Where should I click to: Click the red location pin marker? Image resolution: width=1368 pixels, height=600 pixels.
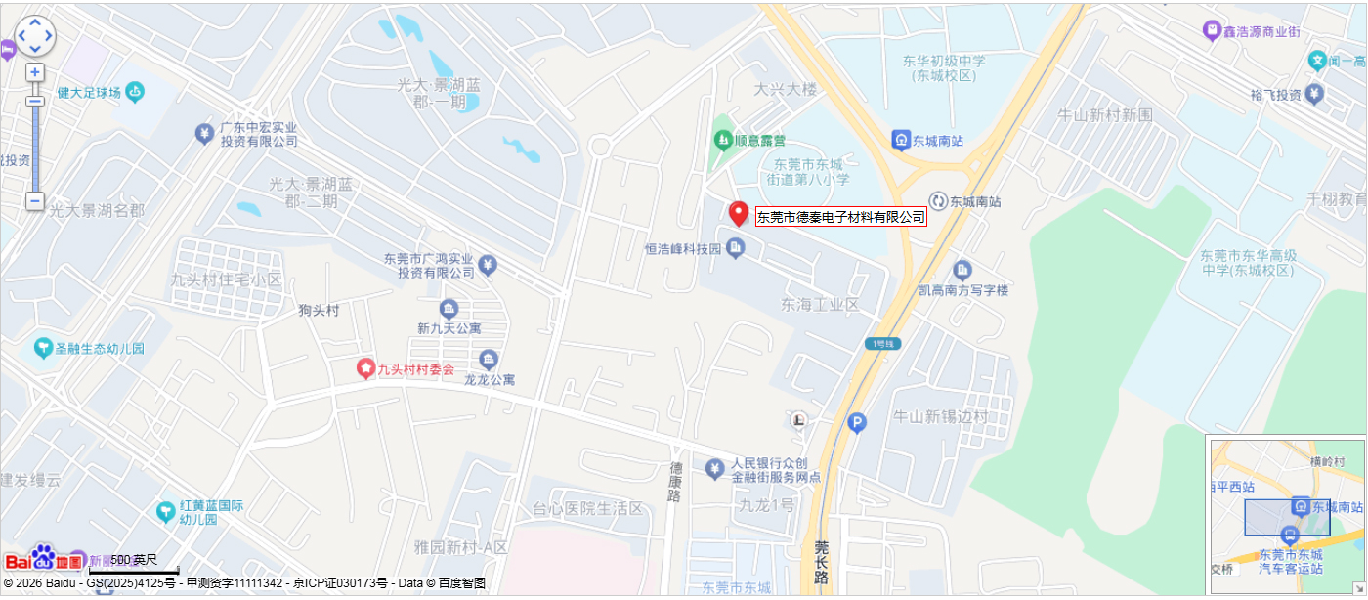pyautogui.click(x=739, y=213)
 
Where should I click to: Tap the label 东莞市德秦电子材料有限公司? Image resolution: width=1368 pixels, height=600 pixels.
pyautogui.click(x=840, y=217)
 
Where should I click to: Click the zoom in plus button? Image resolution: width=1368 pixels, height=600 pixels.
pyautogui.click(x=35, y=72)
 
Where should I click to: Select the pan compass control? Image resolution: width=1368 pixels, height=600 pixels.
pyautogui.click(x=35, y=36)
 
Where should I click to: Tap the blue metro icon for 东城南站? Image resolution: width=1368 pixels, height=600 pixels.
pyautogui.click(x=901, y=141)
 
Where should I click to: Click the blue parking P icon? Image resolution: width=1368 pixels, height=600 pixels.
pyautogui.click(x=856, y=423)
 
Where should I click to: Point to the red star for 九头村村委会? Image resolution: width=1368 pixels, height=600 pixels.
pyautogui.click(x=365, y=368)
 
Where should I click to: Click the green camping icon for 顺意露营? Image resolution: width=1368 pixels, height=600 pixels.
pyautogui.click(x=723, y=141)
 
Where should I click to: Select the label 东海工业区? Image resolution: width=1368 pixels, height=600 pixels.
pyautogui.click(x=820, y=305)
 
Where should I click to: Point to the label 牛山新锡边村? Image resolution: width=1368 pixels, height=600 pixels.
pyautogui.click(x=941, y=416)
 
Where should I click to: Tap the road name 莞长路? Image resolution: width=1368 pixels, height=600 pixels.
pyautogui.click(x=821, y=563)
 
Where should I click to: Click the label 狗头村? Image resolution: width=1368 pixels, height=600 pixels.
pyautogui.click(x=319, y=311)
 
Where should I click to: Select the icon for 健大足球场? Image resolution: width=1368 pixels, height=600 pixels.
pyautogui.click(x=135, y=92)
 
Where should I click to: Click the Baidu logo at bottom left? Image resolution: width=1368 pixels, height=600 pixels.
pyautogui.click(x=44, y=559)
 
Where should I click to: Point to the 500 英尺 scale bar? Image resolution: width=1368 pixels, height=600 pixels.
pyautogui.click(x=134, y=566)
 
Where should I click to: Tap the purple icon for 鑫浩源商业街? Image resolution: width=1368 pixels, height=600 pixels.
pyautogui.click(x=1212, y=31)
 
